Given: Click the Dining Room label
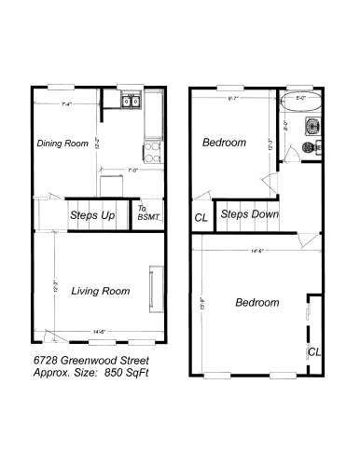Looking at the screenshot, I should [x=62, y=144].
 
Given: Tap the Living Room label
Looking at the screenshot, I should [x=100, y=291].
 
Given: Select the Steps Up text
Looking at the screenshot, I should [x=93, y=215].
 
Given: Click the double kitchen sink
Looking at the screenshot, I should [x=129, y=102].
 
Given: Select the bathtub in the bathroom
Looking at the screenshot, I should [x=299, y=105].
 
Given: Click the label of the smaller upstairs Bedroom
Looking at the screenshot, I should [x=225, y=143].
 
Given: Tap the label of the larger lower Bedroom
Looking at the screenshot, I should [x=256, y=303].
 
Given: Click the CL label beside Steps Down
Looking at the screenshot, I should [x=201, y=217].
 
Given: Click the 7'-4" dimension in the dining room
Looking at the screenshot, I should [x=65, y=103].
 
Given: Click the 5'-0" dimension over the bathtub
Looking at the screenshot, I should [x=300, y=96].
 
